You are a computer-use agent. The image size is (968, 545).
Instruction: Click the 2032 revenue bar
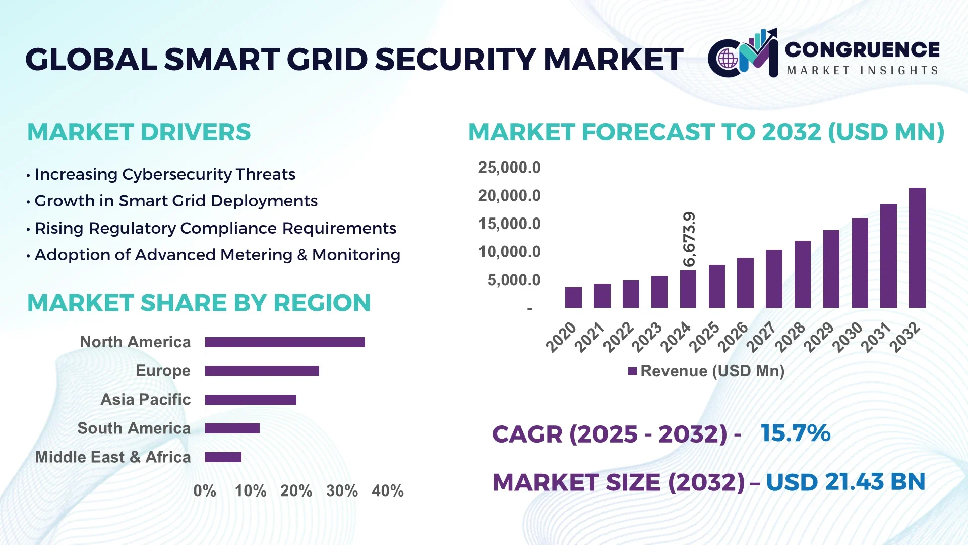tap(917, 248)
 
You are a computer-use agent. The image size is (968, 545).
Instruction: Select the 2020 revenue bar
tap(573, 297)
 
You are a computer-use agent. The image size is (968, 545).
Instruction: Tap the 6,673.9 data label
tap(689, 239)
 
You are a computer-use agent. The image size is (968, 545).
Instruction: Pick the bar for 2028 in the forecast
tap(803, 274)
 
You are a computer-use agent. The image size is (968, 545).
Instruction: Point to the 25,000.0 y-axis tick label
tap(509, 168)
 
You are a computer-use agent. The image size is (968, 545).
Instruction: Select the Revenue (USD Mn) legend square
tap(632, 372)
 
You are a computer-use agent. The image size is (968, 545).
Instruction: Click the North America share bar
tap(285, 342)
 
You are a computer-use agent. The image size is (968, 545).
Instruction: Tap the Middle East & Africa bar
tap(223, 457)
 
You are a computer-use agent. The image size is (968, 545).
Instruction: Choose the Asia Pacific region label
tap(146, 400)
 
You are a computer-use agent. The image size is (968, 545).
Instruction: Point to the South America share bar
tap(232, 428)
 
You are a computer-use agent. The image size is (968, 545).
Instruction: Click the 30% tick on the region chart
tap(342, 490)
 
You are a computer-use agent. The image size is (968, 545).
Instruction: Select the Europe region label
tap(163, 371)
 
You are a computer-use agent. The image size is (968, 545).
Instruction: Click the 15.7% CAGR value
tap(795, 433)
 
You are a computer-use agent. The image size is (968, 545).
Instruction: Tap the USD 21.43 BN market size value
tap(845, 482)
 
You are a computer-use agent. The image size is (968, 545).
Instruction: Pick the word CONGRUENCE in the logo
tap(862, 49)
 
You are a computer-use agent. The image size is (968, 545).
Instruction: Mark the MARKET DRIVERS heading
tap(139, 132)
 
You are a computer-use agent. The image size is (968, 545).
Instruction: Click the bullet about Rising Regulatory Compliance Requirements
tap(215, 228)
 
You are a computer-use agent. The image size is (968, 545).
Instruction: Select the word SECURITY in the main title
tap(456, 60)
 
